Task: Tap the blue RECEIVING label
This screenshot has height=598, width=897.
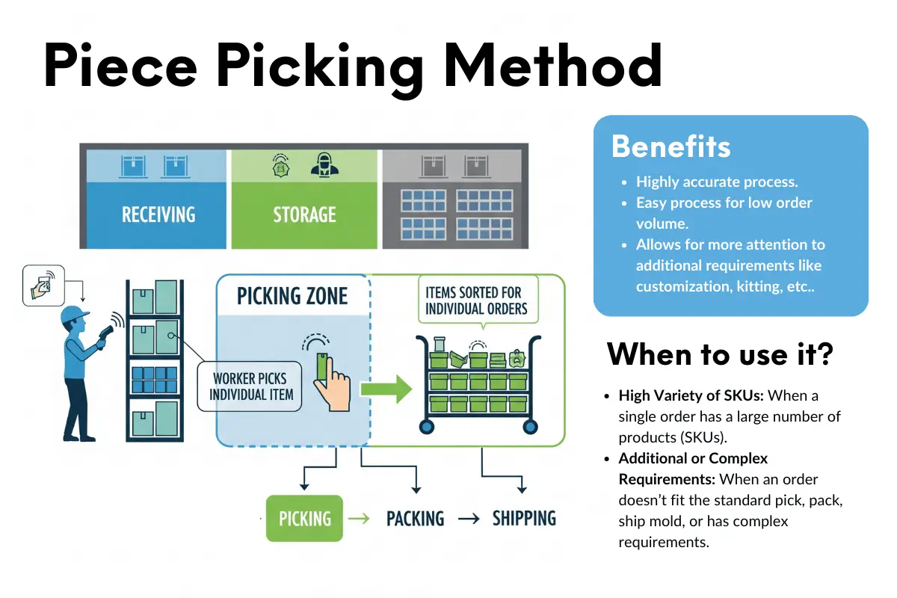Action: click(158, 215)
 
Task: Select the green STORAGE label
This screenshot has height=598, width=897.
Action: click(305, 215)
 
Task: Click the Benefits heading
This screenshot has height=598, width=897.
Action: click(671, 147)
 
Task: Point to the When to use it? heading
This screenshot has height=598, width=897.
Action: click(719, 354)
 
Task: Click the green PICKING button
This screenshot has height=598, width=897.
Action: click(304, 518)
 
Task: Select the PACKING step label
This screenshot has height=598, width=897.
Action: click(415, 518)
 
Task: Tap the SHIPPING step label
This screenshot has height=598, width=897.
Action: click(524, 518)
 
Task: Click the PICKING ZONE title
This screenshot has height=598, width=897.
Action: click(292, 296)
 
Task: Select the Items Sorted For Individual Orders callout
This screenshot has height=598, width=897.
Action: click(476, 300)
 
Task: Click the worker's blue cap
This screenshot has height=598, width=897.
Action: click(74, 312)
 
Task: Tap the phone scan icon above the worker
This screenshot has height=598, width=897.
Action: click(43, 285)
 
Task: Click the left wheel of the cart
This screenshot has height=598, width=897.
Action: click(427, 427)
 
